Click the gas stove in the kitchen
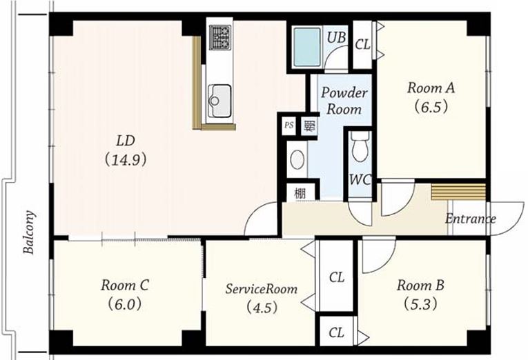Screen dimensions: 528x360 click(221, 37)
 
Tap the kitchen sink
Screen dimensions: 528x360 click(219, 100)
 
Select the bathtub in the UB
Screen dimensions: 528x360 click(306, 47)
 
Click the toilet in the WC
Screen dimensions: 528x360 click(360, 147)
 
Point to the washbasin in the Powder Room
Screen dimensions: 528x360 click(297, 159)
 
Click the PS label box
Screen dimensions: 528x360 click(289, 125)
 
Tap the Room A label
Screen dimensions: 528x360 click(431, 88)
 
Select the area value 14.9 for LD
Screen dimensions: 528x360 click(126, 160)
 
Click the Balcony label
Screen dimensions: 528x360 click(29, 232)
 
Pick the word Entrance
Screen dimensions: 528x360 click(471, 219)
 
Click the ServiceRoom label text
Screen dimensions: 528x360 click(262, 289)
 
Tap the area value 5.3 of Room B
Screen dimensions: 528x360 click(421, 305)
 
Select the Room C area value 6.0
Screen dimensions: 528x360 click(125, 305)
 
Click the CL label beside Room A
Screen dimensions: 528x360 click(362, 44)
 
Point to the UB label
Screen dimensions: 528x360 click(336, 37)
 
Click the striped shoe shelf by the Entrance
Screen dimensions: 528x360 click(458, 192)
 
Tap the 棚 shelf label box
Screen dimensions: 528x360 click(300, 193)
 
